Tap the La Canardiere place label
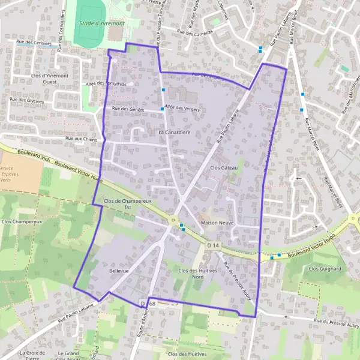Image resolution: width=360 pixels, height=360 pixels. click(x=174, y=131)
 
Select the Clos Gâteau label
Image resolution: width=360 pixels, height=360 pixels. click(x=224, y=168)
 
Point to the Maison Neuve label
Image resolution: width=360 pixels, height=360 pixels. click(x=217, y=223)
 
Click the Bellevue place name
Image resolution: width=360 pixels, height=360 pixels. click(x=119, y=271)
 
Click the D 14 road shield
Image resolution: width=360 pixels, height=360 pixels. click(x=213, y=245)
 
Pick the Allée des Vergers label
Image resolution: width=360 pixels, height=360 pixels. click(x=182, y=109)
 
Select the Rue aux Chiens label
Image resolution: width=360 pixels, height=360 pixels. click(x=82, y=139)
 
